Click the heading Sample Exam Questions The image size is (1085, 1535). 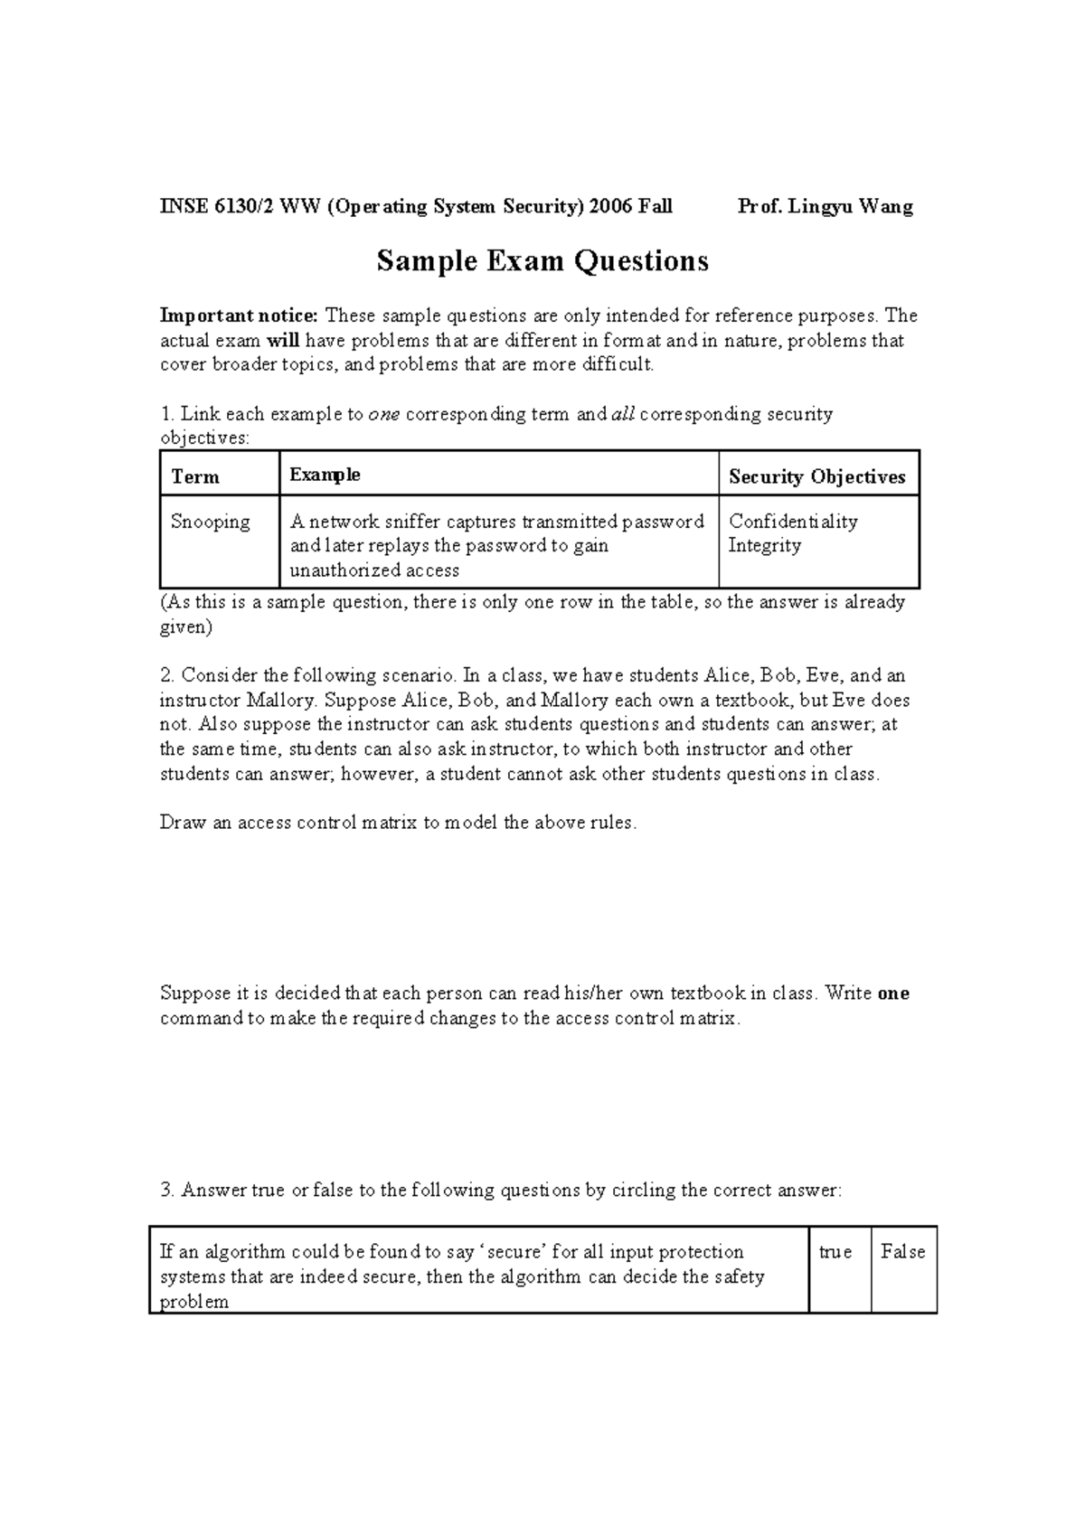542,261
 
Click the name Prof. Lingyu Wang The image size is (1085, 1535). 825,206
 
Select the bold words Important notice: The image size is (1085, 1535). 239,315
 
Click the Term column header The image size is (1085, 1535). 195,476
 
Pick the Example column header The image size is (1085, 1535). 325,475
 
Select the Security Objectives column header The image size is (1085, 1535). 816,476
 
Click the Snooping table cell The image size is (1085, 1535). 210,522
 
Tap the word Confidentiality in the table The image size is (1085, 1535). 793,522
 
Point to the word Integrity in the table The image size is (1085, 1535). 764,545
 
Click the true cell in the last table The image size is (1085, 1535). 835,1252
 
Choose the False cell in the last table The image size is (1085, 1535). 902,1252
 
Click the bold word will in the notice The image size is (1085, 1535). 282,341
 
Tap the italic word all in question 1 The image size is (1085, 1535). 623,414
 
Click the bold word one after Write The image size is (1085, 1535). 892,994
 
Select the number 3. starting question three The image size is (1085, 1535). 167,1190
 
